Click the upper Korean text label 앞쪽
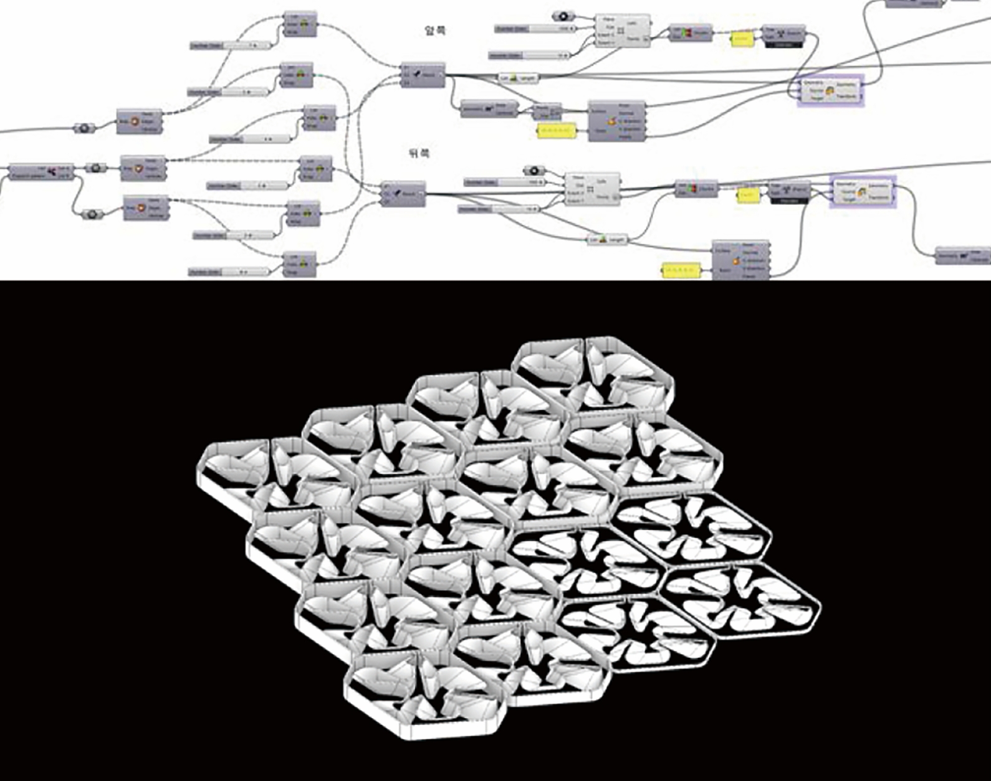[x=435, y=31]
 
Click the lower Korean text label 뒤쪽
[x=419, y=153]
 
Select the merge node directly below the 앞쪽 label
[x=423, y=75]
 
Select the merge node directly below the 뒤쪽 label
[x=404, y=194]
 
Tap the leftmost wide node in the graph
[x=41, y=172]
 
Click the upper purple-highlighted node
[x=830, y=90]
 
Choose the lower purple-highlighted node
[x=863, y=192]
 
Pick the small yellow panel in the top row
[x=740, y=39]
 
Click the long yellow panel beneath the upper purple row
[x=556, y=130]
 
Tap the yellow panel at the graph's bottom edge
[x=681, y=270]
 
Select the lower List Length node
[x=608, y=240]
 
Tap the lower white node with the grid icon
[x=592, y=189]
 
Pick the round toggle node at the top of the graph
[x=563, y=16]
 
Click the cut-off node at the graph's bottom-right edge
[x=963, y=255]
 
